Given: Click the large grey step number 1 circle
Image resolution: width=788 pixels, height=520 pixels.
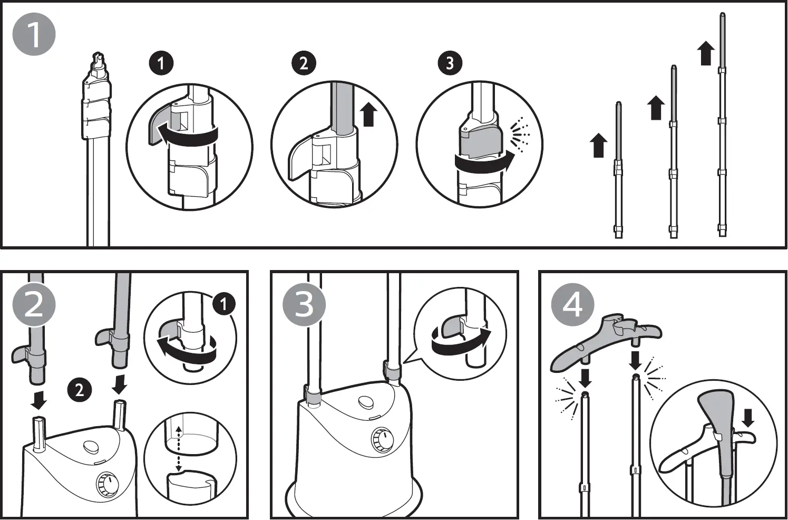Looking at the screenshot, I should tap(34, 34).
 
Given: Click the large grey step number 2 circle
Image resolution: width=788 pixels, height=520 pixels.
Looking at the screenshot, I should tap(34, 304).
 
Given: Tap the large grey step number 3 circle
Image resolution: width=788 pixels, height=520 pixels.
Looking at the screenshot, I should tap(304, 304).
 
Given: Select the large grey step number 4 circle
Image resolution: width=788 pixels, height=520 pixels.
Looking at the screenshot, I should tap(573, 304).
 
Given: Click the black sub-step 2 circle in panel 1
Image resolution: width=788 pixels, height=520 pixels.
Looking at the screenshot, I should tap(304, 63).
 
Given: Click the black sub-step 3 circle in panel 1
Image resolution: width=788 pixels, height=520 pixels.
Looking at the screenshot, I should tap(450, 63).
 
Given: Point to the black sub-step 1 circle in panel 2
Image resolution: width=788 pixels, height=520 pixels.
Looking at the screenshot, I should tap(224, 304).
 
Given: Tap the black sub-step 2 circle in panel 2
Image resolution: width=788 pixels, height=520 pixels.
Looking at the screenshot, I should tap(79, 390).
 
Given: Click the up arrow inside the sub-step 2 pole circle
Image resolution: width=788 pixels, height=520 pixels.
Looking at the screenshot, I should tap(368, 115).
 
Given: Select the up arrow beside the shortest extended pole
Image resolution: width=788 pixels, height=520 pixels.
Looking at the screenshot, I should tap(598, 146).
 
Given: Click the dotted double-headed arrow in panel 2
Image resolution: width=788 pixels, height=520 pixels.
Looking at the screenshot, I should tap(179, 449).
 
